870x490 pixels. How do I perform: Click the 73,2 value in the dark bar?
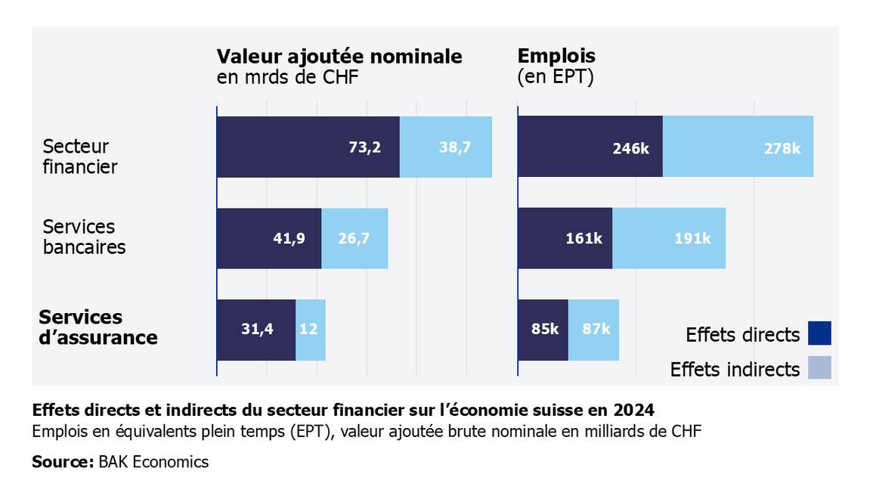(x=364, y=147)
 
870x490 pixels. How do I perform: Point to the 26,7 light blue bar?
(x=355, y=238)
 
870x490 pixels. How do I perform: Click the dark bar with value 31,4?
(x=256, y=330)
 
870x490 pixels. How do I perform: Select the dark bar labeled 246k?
(x=590, y=147)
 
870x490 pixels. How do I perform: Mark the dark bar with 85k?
(x=543, y=330)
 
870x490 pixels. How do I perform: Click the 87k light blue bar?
(x=593, y=330)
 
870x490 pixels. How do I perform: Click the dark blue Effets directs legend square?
(x=819, y=333)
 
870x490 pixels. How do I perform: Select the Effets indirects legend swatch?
(x=819, y=367)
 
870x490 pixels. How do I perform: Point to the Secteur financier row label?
(x=80, y=157)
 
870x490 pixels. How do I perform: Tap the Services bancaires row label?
(x=84, y=237)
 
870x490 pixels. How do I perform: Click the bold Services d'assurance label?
(x=98, y=327)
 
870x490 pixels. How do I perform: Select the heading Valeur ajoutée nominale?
(x=339, y=57)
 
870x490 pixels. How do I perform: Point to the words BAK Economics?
(x=153, y=461)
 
